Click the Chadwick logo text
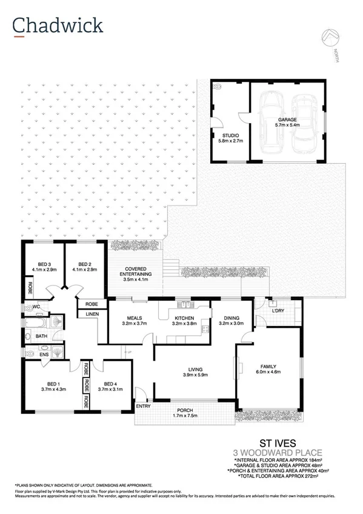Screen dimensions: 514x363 58,25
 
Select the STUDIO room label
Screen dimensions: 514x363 230,138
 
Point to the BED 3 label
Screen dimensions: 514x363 44,267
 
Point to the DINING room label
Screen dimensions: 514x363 231,321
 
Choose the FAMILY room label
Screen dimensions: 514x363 268,369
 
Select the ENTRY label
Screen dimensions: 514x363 143,406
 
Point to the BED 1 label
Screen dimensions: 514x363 53,386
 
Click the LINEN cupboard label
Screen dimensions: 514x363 92,313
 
